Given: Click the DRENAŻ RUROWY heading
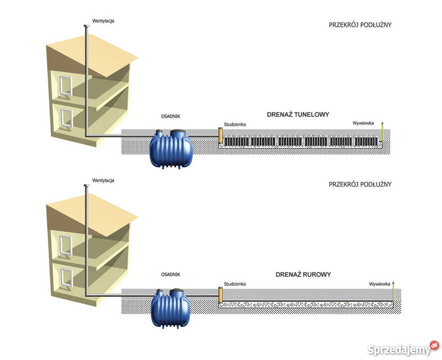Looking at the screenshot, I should coord(303,274).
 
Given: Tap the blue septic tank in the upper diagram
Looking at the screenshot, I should coord(171,148).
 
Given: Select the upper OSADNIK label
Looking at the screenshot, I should coord(170,116).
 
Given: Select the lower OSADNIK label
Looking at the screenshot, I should coord(170,274).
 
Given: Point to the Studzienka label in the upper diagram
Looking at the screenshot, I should coord(235,123).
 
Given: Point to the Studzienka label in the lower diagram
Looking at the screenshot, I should coord(235,283).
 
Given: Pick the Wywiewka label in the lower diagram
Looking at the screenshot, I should coord(379,283).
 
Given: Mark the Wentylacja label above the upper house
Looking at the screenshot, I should coord(104,21).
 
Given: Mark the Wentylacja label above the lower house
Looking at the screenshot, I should coord(104,180).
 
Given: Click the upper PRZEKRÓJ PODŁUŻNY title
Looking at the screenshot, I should coord(360,24).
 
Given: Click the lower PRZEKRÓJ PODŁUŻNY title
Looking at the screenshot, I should coord(360,184).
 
